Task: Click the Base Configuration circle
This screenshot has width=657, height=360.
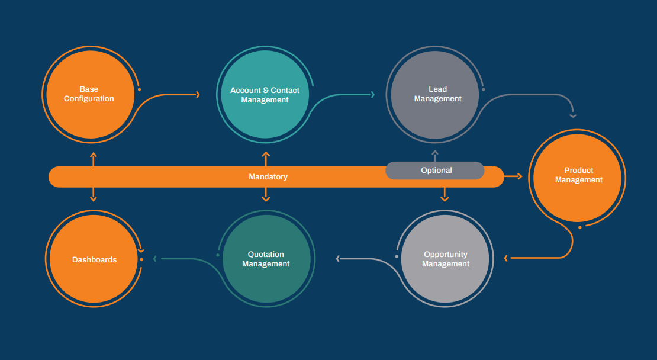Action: [x=89, y=95]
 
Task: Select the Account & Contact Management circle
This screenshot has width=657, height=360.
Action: [x=265, y=95]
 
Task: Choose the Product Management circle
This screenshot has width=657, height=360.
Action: [x=578, y=175]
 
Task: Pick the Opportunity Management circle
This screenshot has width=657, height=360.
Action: [x=446, y=259]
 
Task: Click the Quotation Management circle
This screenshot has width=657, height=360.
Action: [x=266, y=259]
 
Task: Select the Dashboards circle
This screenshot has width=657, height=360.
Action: [x=94, y=259]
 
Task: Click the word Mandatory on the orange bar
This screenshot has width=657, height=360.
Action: [x=268, y=177]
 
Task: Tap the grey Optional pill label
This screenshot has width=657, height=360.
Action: [x=436, y=171]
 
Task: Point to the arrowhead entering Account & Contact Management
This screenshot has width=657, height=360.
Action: [x=197, y=94]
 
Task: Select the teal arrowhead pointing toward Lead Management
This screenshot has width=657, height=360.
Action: [x=373, y=94]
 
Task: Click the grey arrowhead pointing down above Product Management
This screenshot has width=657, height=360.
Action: [x=572, y=115]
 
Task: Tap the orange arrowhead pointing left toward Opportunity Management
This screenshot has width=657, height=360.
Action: [x=506, y=258]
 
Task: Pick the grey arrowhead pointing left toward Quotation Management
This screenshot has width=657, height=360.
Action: [x=339, y=258]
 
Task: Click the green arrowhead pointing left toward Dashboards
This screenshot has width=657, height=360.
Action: [x=155, y=258]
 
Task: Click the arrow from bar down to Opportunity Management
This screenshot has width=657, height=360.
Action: [x=445, y=195]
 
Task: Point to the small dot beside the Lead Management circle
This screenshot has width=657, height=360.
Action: [x=483, y=89]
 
